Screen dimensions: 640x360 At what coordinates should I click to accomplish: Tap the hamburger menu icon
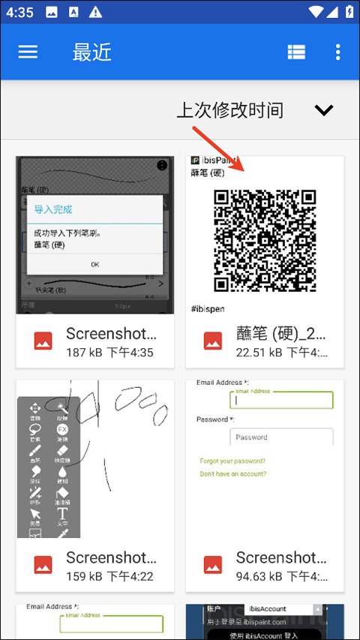[28, 51]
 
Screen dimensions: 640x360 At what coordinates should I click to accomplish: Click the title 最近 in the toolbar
[91, 52]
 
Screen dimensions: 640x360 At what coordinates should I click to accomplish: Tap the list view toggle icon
[296, 52]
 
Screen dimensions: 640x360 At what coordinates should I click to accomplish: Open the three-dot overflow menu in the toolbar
[338, 52]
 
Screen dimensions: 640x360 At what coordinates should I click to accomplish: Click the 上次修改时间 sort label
[229, 110]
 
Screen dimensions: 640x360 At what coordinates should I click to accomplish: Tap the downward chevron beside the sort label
[323, 110]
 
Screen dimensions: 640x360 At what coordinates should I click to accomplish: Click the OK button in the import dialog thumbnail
[94, 264]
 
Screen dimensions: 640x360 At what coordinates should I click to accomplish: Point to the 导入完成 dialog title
[54, 209]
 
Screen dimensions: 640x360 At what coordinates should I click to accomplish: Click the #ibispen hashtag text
[208, 308]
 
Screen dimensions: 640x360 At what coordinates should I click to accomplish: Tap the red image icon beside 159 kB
[43, 564]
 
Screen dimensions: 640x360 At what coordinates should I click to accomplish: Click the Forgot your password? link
[232, 461]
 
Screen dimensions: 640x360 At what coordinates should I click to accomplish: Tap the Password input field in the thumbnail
[281, 437]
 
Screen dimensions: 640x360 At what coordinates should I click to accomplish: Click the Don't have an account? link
[232, 473]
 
